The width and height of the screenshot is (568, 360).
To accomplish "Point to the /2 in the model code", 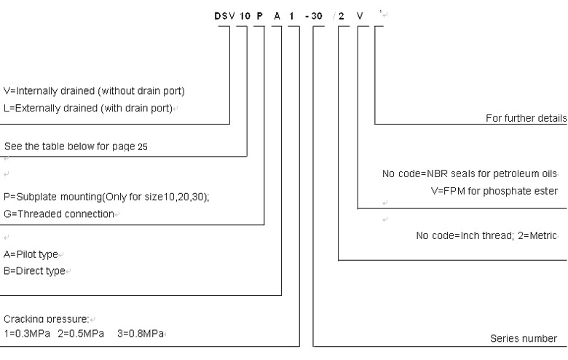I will pyautogui.click(x=339, y=14).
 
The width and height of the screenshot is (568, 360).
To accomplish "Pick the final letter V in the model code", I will pyautogui.click(x=358, y=14).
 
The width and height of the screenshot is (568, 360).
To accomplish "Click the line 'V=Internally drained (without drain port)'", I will pyautogui.click(x=94, y=91).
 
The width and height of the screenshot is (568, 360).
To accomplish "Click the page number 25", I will pyautogui.click(x=143, y=147).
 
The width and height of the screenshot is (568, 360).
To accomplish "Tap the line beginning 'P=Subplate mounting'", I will pyautogui.click(x=106, y=198).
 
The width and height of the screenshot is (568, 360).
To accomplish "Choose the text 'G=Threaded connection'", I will pyautogui.click(x=58, y=214).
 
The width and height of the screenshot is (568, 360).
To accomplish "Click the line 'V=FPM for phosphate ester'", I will pyautogui.click(x=500, y=190).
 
